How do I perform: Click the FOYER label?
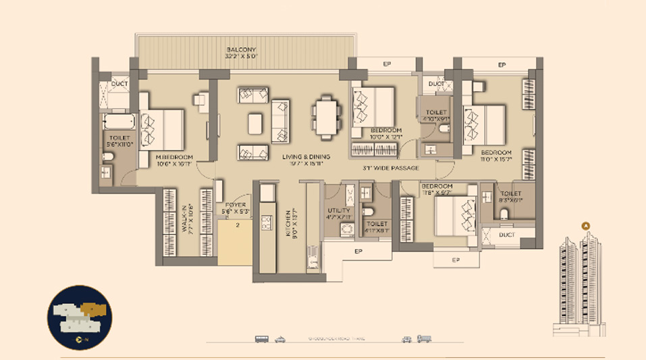click(x=235, y=204)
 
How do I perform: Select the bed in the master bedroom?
click(x=162, y=128)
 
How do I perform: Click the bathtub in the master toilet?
click(x=118, y=122)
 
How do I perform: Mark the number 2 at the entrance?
click(x=238, y=228)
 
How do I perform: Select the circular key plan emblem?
click(x=80, y=317)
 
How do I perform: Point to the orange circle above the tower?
click(x=586, y=226)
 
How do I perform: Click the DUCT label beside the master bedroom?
click(x=119, y=84)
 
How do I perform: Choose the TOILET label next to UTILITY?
click(x=377, y=224)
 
